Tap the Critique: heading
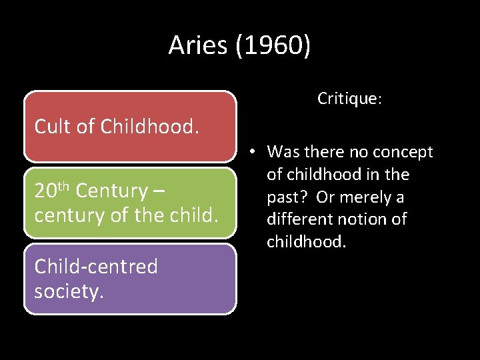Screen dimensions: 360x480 [349, 99]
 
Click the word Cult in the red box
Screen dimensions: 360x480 [53, 126]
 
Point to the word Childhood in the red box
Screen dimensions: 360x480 [150, 126]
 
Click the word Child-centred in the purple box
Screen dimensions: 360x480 [96, 267]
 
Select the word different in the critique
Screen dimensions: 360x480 [299, 219]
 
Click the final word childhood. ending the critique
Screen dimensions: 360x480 [307, 241]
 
